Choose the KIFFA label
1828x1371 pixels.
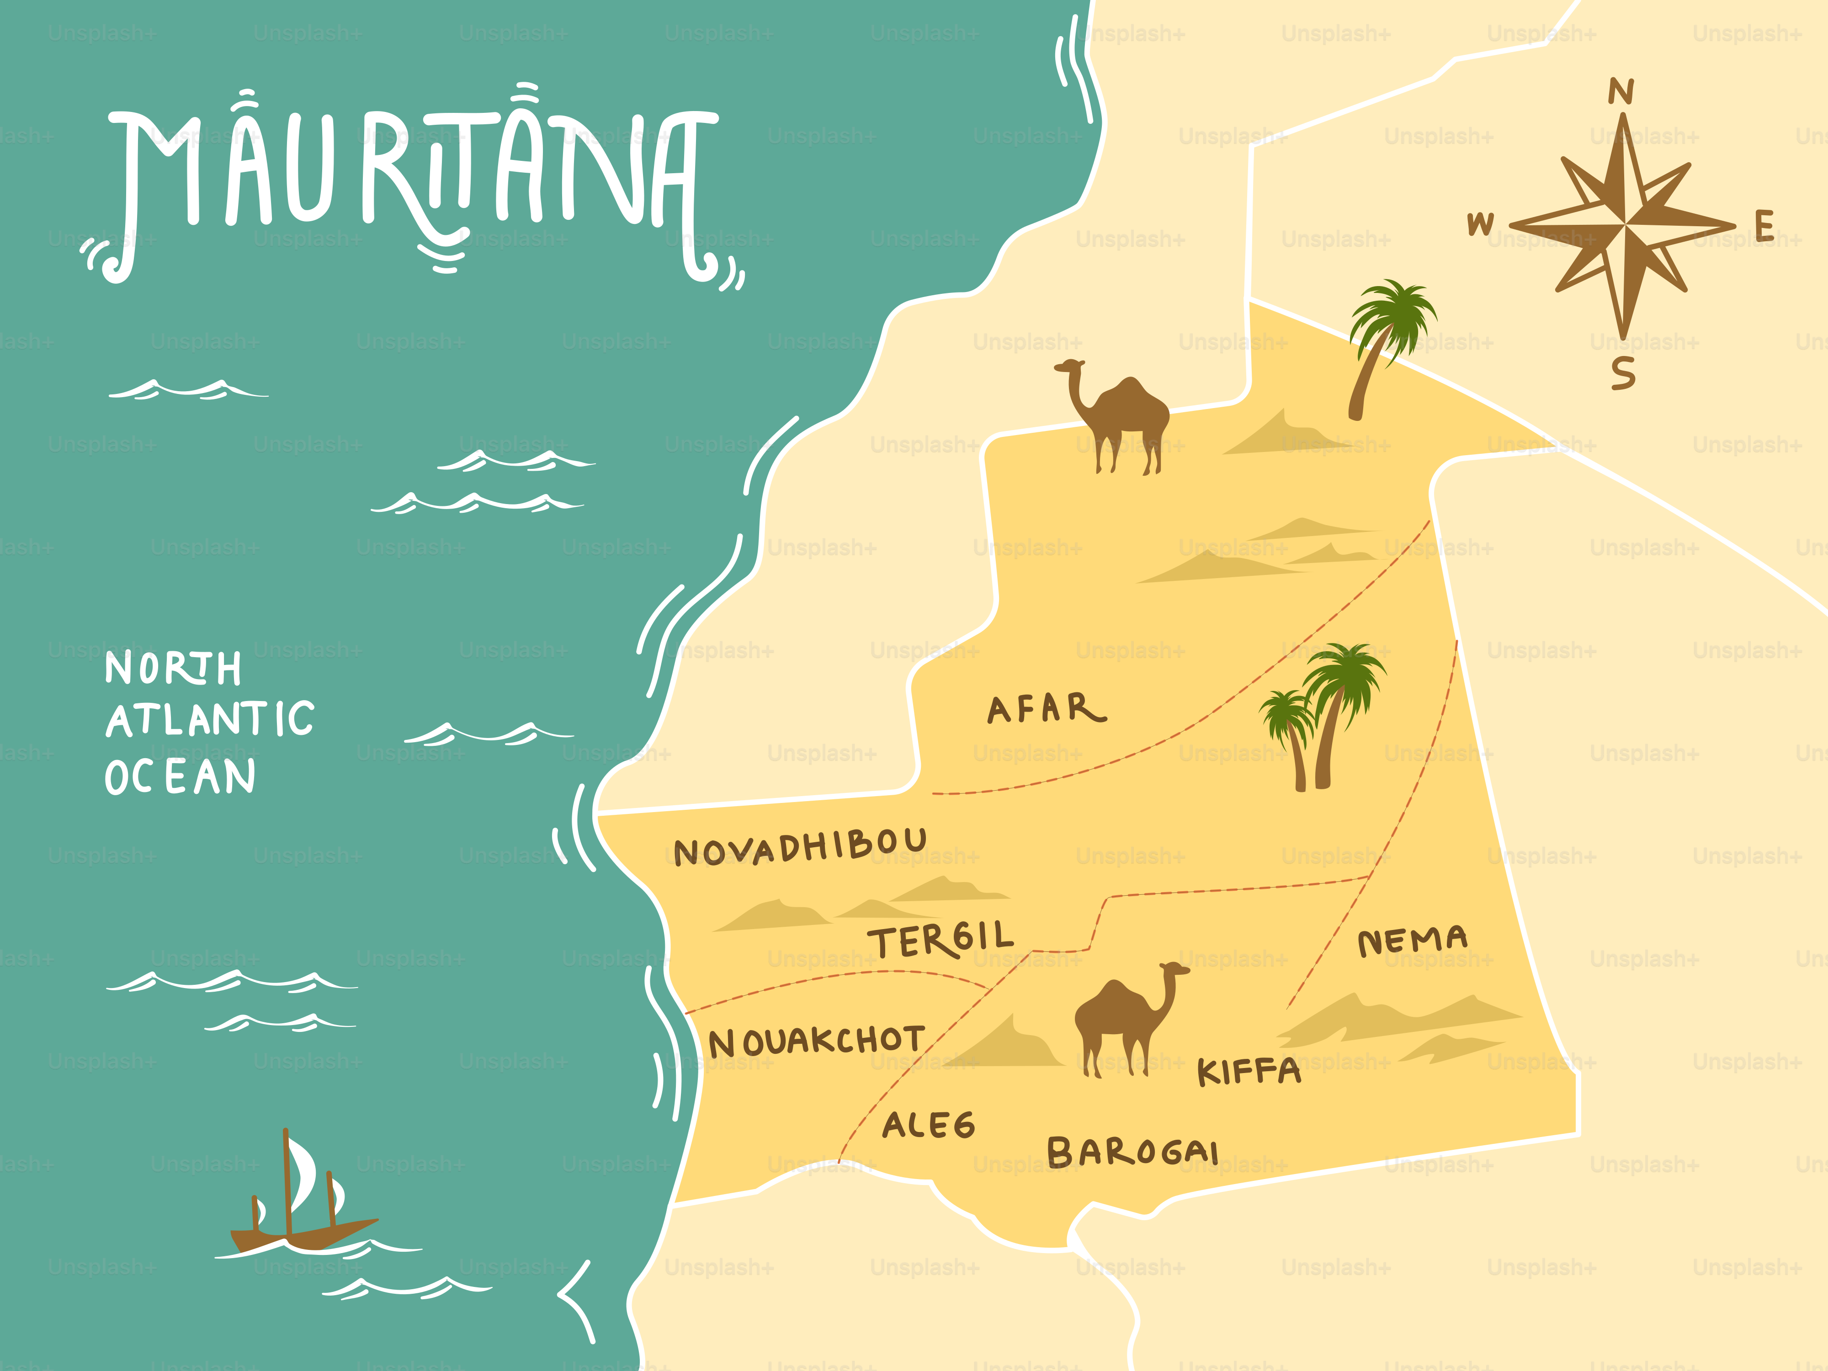click(x=1249, y=1072)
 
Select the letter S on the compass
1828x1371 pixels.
click(x=1622, y=373)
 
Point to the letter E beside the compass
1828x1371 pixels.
click(x=1764, y=226)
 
